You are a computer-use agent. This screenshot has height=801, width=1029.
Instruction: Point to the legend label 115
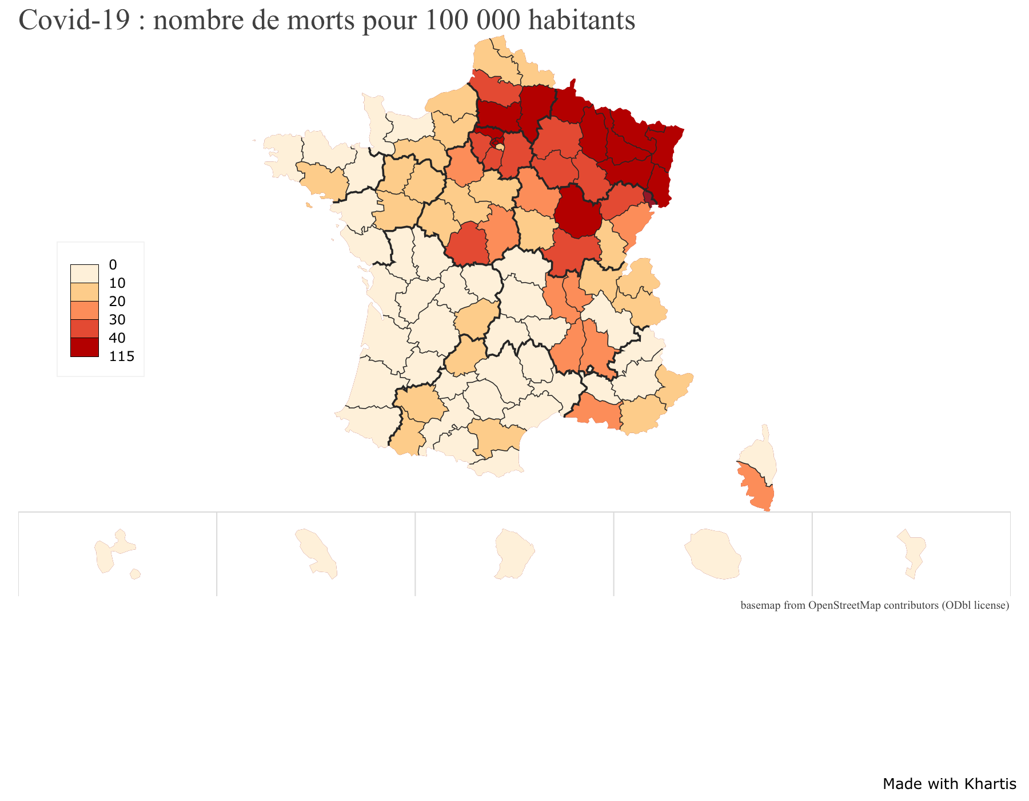(x=122, y=356)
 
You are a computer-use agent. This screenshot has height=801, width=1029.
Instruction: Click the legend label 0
(x=113, y=265)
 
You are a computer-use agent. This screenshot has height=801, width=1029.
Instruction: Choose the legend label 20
(x=117, y=302)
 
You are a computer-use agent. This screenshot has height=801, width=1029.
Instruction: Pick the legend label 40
(x=117, y=338)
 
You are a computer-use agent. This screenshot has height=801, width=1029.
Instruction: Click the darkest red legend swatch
(x=85, y=347)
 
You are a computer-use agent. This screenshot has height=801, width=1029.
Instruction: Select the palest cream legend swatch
(x=85, y=274)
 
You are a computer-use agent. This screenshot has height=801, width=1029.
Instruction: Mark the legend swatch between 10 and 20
(x=85, y=292)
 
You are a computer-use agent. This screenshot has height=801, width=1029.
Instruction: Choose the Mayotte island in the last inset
(x=914, y=552)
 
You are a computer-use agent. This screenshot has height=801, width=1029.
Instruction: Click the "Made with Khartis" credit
(x=949, y=784)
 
